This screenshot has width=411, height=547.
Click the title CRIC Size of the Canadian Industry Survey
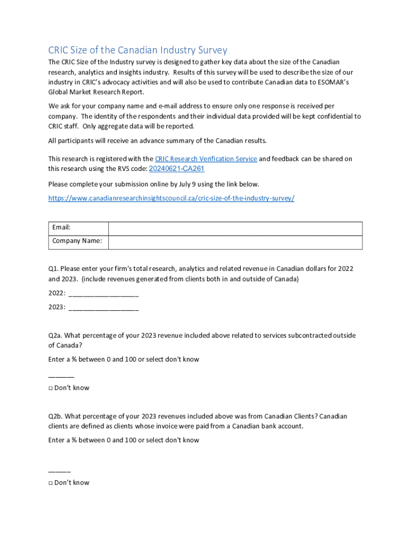pos(138,50)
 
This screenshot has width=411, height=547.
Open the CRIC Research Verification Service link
pos(206,159)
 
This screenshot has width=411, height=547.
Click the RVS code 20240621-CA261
pos(176,169)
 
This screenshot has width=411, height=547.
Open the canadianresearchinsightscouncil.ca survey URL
pos(171,198)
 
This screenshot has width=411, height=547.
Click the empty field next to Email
pos(235,229)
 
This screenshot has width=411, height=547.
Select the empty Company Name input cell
pos(235,242)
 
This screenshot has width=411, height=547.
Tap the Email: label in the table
pos(61,228)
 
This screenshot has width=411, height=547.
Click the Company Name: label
pos(77,241)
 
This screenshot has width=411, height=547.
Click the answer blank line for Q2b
pos(59,471)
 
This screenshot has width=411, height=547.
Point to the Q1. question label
pos(55,269)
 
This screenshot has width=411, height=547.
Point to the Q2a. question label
pos(56,336)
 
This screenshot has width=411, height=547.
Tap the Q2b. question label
pos(56,417)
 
